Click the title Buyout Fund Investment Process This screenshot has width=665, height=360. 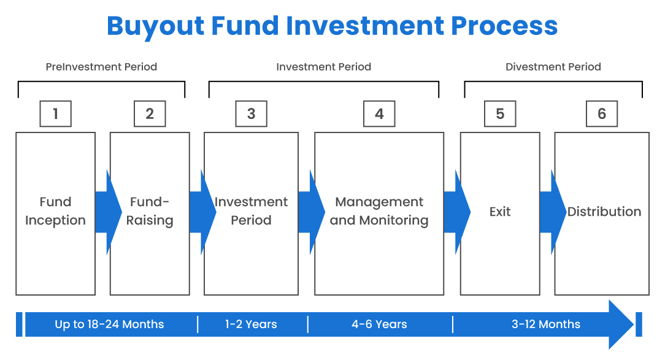coord(332,26)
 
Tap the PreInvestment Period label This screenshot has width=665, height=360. coord(101,67)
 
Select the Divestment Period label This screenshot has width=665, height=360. coord(553,67)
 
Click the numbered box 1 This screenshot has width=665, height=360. coord(55,114)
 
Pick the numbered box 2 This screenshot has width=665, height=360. coord(150,114)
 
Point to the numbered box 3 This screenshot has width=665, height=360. coord(251,114)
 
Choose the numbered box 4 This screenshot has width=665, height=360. coord(379,114)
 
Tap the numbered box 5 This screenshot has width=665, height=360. coord(500,114)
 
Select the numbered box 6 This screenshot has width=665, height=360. coord(601,114)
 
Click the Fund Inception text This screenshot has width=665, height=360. coord(55,211)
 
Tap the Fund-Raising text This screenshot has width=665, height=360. coord(150,211)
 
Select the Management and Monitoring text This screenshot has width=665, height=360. coord(379,211)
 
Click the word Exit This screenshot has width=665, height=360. coord(500,212)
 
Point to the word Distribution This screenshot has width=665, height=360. coord(604,212)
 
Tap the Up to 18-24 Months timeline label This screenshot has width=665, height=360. coord(109,324)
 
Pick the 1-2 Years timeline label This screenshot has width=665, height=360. coord(251,324)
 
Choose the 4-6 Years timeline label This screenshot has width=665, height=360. coord(379,324)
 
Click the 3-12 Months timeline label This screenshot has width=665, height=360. coord(545,324)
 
